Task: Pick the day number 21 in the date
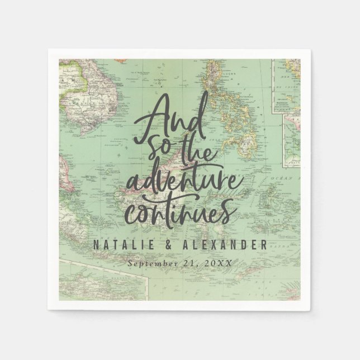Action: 185,262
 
